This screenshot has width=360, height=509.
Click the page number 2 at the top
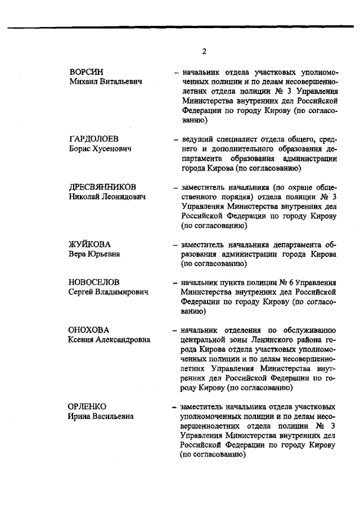(x=204, y=52)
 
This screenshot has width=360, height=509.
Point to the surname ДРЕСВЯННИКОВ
(x=103, y=187)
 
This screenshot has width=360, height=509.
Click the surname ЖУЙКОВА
(x=89, y=244)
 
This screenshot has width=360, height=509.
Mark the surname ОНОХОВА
(x=89, y=330)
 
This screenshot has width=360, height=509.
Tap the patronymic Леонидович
(x=120, y=197)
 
